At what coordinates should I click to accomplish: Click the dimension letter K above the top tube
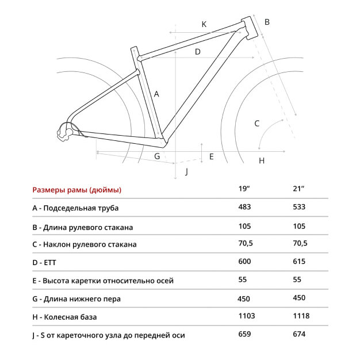point(204,24)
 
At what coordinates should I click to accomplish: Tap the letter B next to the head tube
point(267,22)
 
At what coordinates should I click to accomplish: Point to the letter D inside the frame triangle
point(197,52)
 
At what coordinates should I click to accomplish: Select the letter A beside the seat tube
point(156,94)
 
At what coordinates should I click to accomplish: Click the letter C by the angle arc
point(257,123)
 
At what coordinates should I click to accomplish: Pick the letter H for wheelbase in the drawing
point(262,160)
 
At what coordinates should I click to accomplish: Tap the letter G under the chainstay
point(156,156)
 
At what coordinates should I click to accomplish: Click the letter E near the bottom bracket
point(211,156)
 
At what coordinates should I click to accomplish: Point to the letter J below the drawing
point(186,172)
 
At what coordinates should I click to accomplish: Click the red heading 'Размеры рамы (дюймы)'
point(77,190)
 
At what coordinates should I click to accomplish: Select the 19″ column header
point(246,189)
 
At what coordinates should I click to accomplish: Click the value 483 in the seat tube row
point(244,207)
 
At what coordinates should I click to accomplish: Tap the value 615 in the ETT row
point(300,262)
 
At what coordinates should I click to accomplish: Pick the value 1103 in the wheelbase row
point(246,316)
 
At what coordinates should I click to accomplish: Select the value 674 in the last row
point(300,334)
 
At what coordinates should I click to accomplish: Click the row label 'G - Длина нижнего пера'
point(76,298)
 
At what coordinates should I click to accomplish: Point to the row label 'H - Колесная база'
point(64,317)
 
